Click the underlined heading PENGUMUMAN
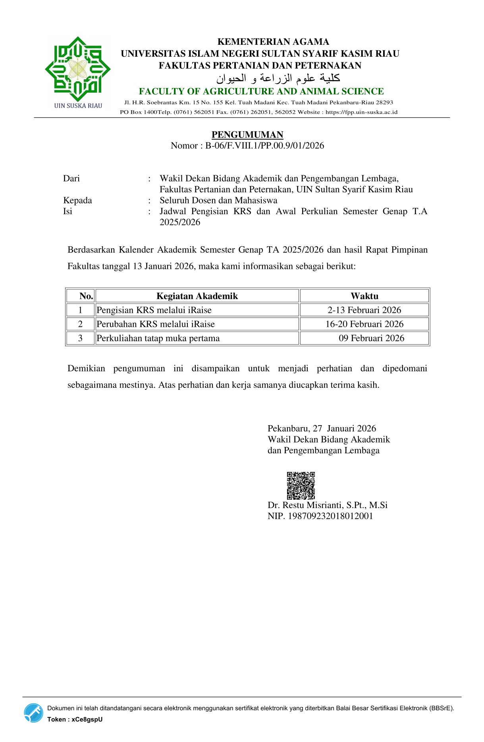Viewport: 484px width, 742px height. coord(247,134)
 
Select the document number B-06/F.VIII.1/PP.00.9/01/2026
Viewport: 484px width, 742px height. coord(264,146)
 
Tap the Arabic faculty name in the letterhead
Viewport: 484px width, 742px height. coord(278,78)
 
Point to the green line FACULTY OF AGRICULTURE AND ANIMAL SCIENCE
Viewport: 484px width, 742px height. coord(261,92)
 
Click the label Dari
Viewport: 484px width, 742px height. coord(71,178)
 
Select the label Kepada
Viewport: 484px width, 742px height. coord(77,200)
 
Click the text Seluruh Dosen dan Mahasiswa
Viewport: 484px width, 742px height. coord(218,200)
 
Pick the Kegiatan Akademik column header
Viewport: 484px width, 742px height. coord(197,296)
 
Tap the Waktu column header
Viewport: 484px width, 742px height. coord(364,296)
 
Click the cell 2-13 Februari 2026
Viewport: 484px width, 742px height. coord(364,310)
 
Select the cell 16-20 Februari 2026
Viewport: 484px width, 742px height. coord(364,324)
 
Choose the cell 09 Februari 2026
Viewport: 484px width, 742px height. coord(371,338)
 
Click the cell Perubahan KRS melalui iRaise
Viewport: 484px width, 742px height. coord(156,324)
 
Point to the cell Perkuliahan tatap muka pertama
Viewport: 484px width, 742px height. coord(158,338)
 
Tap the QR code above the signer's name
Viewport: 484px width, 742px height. coord(301,485)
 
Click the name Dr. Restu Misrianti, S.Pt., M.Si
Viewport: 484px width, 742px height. coord(328,505)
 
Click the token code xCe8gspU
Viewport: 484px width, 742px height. coord(87,719)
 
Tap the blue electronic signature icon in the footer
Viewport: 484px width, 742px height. coord(33,713)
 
